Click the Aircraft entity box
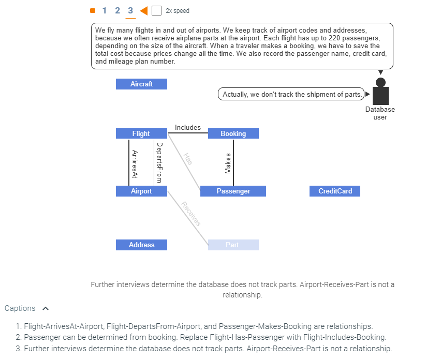coord(141,84)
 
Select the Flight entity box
coord(141,133)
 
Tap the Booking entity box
coord(233,133)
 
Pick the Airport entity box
coord(141,191)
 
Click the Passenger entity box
coord(233,191)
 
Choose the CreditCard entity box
coord(335,191)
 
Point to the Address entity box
coord(141,245)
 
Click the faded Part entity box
coord(233,245)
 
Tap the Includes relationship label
coord(187,127)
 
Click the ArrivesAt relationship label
coord(135,164)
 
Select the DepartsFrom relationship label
coord(159,162)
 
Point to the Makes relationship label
coord(228,163)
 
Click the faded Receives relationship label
coord(190,214)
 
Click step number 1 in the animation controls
coord(105,10)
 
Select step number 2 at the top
coord(117,10)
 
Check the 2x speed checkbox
coord(156,11)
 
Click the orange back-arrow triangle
coord(144,10)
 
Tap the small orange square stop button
coord(93,10)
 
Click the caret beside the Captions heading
coord(46,308)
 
